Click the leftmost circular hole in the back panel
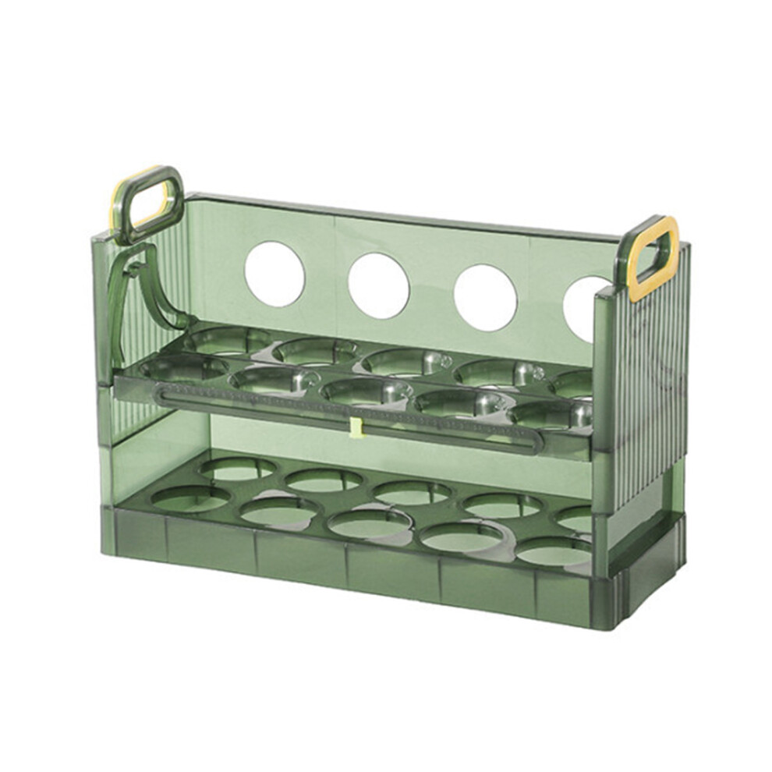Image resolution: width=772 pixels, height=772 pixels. pyautogui.click(x=274, y=273)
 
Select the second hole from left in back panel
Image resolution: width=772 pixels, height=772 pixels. pyautogui.click(x=379, y=285)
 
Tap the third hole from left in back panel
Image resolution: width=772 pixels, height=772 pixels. pyautogui.click(x=485, y=297)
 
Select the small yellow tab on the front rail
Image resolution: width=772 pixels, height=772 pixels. pyautogui.click(x=356, y=427)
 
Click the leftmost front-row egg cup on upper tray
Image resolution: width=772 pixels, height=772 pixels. pyautogui.click(x=176, y=369)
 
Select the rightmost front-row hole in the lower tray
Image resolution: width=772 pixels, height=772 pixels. pyautogui.click(x=554, y=551)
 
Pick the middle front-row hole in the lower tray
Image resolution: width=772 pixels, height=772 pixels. pyautogui.click(x=370, y=523)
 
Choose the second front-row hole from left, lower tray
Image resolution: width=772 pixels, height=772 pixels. pyautogui.click(x=279, y=511)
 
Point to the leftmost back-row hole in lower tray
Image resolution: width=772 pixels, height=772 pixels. pyautogui.click(x=237, y=469)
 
